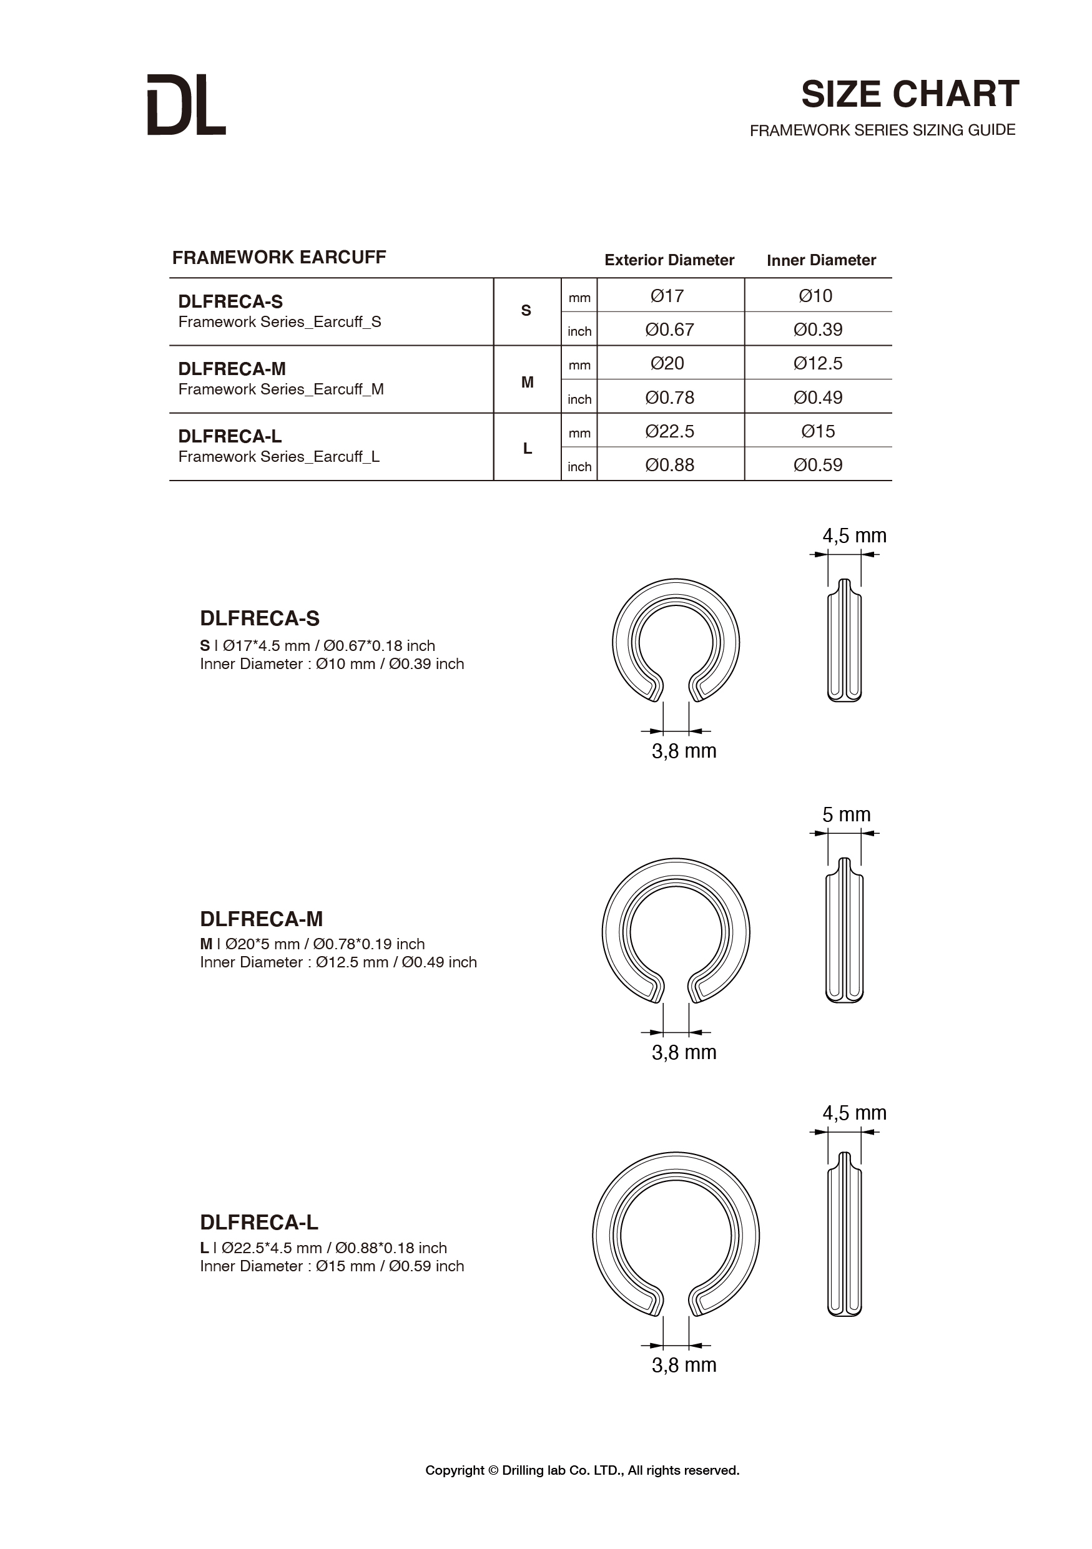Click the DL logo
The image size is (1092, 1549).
[x=186, y=105]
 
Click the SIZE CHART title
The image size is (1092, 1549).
[x=909, y=94]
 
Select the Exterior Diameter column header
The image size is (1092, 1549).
[x=669, y=260]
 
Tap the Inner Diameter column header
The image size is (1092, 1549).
[x=820, y=260]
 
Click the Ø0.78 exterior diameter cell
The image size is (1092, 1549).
[x=669, y=398]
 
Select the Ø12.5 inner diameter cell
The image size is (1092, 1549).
[x=818, y=364]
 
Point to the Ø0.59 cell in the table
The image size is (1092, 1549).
[x=818, y=465]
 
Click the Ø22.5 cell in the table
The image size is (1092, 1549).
[x=669, y=431]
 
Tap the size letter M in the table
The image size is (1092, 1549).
[x=527, y=382]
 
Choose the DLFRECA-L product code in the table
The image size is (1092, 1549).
[x=230, y=436]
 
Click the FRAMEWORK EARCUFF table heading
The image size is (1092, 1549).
[x=278, y=257]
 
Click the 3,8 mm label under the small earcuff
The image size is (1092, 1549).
[x=684, y=751]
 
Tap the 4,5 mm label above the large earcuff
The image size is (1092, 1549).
[x=853, y=1113]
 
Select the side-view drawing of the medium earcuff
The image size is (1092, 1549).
[x=844, y=931]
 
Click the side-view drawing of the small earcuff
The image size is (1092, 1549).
[x=844, y=641]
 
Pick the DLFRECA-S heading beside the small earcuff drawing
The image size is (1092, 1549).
[x=260, y=618]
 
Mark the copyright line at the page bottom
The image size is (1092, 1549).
[x=582, y=1470]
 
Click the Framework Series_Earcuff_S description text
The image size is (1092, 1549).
[x=280, y=322]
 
